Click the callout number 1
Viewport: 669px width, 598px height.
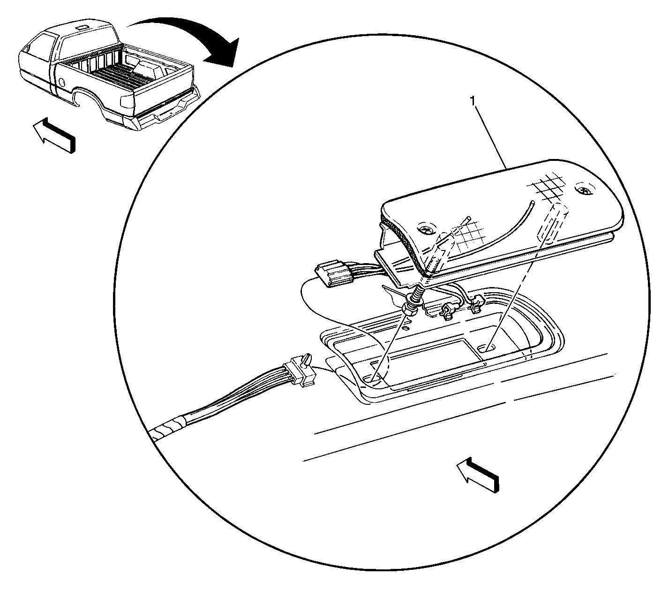[473, 101]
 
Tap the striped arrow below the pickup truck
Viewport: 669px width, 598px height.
[54, 135]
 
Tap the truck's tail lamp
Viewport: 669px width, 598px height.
[128, 102]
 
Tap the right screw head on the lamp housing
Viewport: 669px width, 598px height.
[584, 190]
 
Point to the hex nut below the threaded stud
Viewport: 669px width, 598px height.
[410, 310]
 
